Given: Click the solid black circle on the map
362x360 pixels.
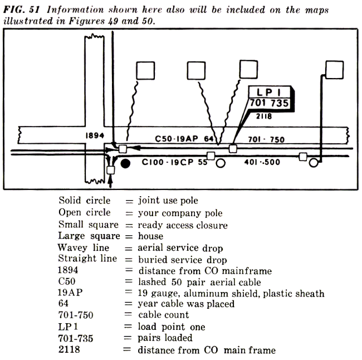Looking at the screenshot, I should coord(126,164).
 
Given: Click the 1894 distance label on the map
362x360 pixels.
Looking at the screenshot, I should coord(96,135).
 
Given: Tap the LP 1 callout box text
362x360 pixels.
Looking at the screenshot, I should coord(272,94).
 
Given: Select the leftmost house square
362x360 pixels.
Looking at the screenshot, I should coord(146,70).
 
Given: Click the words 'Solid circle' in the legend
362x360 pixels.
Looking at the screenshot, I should coord(85,200).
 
